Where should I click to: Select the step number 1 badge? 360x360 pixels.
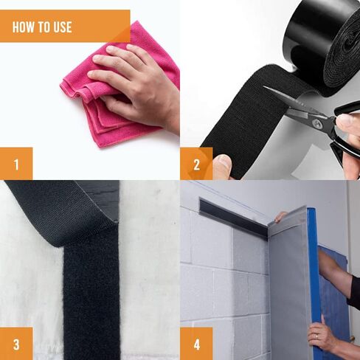point(16,164)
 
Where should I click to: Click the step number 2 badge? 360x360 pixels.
point(196,164)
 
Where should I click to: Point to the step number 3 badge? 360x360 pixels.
point(16,344)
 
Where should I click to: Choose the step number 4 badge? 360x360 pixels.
point(196,344)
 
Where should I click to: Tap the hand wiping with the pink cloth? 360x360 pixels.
point(138,86)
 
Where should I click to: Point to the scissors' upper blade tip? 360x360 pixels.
point(264,87)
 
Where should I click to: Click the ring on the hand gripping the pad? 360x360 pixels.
point(317,336)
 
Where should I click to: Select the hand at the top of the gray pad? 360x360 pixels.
point(281,216)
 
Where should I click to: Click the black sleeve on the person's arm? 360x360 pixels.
point(354,290)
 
